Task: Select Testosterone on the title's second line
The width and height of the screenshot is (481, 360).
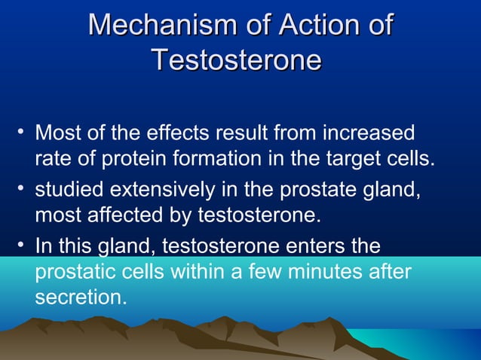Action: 236,59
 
